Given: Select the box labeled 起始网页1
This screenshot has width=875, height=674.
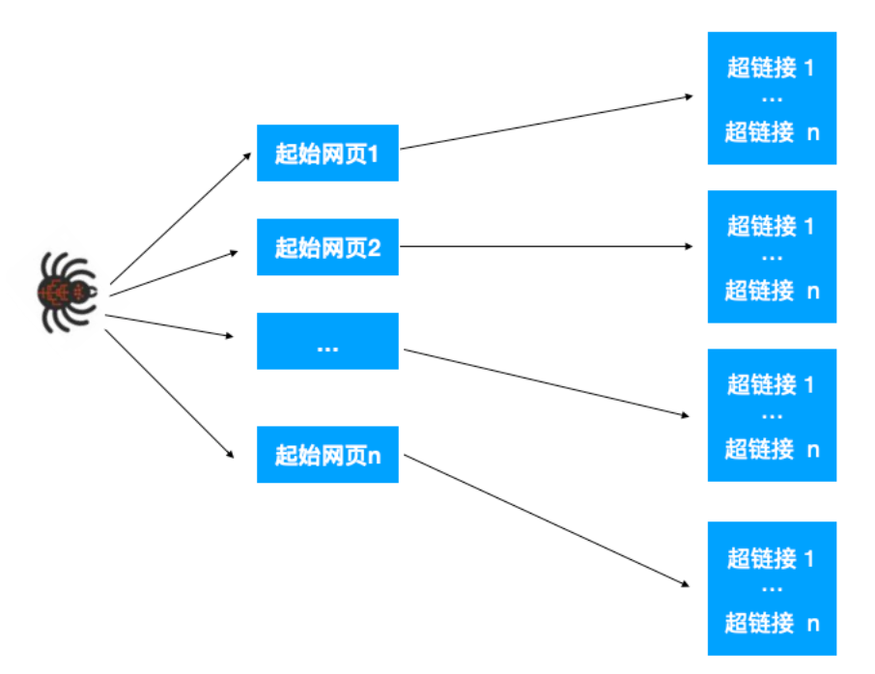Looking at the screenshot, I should click(x=327, y=153).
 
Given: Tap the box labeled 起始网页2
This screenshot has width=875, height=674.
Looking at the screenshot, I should click(x=327, y=247).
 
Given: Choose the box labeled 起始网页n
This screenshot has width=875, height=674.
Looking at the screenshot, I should click(x=327, y=454).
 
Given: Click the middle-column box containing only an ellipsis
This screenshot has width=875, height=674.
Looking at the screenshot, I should click(x=327, y=341).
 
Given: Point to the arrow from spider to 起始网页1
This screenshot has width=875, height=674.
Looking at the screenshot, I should click(x=181, y=217).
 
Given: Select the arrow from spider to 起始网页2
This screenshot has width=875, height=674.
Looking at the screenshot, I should click(x=174, y=270).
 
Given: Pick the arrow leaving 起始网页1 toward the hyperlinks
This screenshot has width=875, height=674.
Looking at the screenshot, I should click(x=546, y=123).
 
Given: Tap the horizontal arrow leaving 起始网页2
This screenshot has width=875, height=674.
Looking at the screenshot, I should click(x=546, y=247).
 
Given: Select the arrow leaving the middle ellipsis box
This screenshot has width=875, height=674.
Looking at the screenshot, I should click(x=546, y=383).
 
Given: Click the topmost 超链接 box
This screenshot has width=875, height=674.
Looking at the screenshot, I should click(x=772, y=98).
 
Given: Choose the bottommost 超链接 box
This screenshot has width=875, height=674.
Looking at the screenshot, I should click(x=772, y=589).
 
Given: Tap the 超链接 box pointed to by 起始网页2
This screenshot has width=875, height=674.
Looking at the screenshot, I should click(x=772, y=257).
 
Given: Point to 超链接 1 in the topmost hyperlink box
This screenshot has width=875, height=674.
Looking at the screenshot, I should click(x=771, y=69).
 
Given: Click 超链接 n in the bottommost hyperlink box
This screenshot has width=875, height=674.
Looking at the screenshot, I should click(x=772, y=622).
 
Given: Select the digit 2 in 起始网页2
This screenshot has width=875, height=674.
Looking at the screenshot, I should click(x=375, y=248).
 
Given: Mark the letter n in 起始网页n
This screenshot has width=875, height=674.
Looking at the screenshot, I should click(x=375, y=455).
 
